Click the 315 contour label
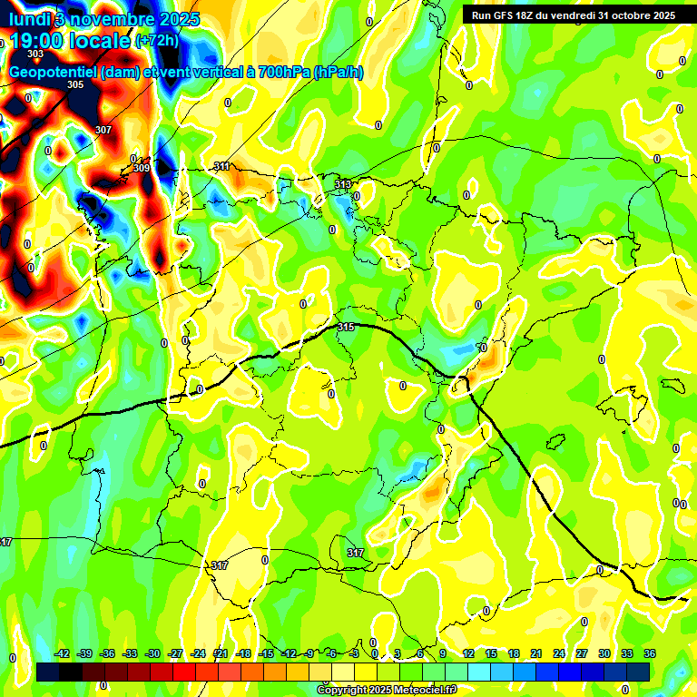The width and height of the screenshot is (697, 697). click(345, 327)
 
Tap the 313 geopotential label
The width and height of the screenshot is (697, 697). click(342, 184)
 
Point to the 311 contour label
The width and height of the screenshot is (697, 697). click(221, 166)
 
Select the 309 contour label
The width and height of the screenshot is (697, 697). click(142, 168)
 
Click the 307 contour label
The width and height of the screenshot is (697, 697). click(103, 130)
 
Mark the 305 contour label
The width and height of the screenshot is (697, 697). click(75, 84)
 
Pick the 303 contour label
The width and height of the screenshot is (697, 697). click(35, 54)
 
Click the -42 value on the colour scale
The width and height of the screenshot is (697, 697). click(63, 653)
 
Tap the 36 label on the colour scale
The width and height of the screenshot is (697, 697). click(650, 653)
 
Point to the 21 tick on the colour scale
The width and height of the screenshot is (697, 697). click(536, 653)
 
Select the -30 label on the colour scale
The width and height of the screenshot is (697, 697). click(152, 653)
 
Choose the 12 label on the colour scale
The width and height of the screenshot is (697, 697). click(468, 653)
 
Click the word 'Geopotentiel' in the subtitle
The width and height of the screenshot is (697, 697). click(51, 73)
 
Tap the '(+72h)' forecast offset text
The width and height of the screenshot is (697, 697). click(157, 41)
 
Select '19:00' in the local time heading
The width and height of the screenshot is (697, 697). click(36, 41)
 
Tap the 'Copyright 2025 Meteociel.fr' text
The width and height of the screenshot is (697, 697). click(386, 691)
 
